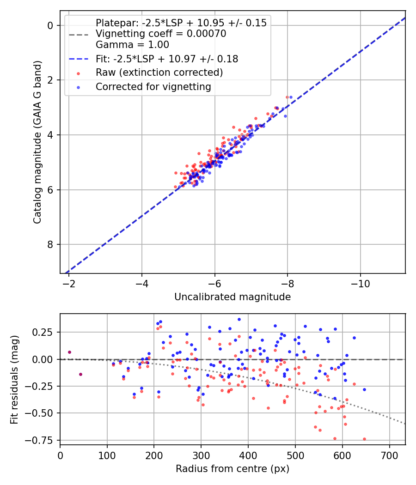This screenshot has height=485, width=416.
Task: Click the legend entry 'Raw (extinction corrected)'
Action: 159,73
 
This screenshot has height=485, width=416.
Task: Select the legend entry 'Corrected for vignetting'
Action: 153,87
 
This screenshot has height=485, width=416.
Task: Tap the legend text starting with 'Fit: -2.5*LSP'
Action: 167,59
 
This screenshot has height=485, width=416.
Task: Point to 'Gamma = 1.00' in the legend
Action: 132,45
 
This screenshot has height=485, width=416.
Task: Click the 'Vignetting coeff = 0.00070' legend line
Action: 160,34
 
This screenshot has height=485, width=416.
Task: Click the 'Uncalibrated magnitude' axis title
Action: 232,297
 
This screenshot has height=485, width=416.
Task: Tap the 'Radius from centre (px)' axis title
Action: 232,468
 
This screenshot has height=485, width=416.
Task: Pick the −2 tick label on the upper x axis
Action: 69,283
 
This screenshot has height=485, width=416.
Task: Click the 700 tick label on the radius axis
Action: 389,455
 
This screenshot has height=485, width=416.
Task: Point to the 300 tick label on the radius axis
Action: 201,455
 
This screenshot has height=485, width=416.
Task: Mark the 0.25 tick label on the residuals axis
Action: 44,333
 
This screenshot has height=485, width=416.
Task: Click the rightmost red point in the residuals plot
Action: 364,439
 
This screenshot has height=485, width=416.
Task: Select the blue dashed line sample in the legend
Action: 79,59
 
